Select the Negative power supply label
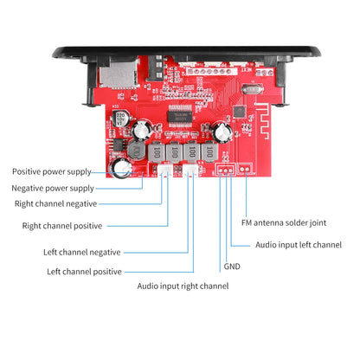tap(53, 188)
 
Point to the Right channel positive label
tap(61, 226)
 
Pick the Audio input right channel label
tap(183, 286)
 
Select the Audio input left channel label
tap(299, 245)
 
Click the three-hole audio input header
tap(225, 170)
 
